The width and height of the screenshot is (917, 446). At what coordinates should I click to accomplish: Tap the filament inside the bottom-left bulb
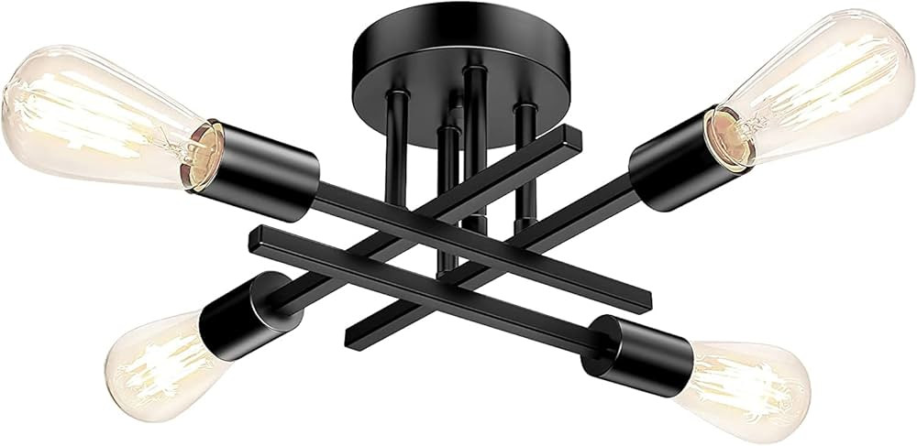click(x=160, y=366)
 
